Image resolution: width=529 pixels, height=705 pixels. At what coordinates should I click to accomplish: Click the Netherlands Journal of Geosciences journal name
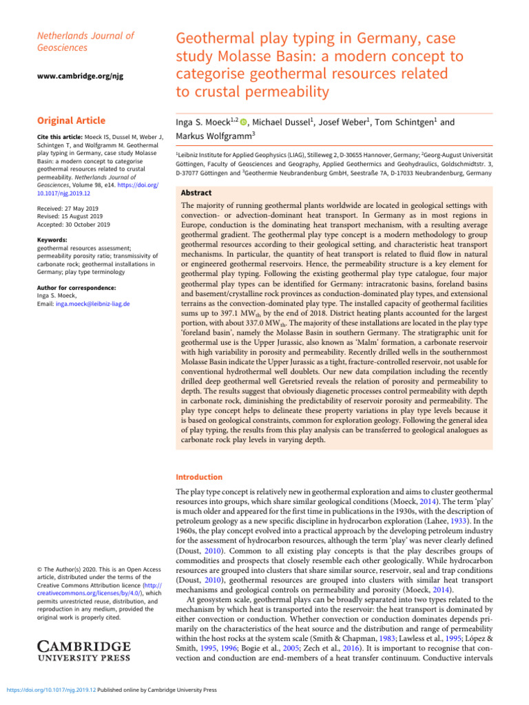[x=85, y=41]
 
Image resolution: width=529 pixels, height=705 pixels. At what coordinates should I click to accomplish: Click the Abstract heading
[x=196, y=193]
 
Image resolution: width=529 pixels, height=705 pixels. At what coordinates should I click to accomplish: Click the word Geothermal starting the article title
[x=213, y=39]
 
